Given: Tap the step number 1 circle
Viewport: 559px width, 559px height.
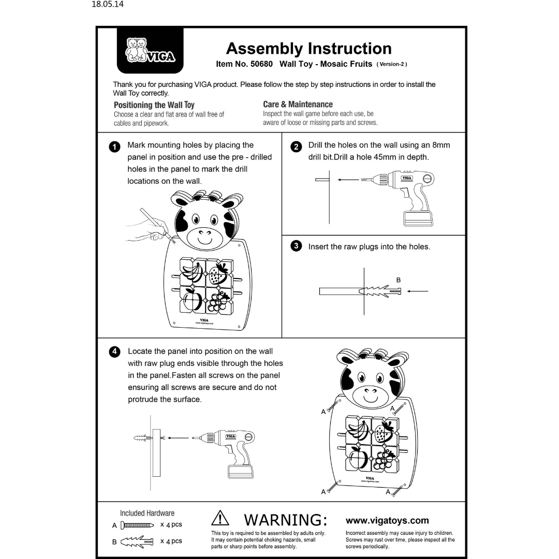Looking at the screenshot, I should pos(115,146).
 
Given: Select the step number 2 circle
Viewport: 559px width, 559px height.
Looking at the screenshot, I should pos(296,146).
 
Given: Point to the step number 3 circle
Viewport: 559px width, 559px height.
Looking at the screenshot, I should pos(296,246).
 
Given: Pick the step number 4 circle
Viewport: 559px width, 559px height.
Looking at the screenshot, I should pos(115,352).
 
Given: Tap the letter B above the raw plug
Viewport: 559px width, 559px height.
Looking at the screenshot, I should pos(398,280).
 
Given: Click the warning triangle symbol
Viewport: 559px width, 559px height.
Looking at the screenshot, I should pos(220,519).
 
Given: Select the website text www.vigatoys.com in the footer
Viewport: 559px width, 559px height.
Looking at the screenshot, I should pos(387,521).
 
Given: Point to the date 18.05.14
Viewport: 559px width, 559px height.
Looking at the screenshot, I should pos(108,5).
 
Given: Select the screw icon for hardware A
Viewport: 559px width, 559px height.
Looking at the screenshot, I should pos(137,525).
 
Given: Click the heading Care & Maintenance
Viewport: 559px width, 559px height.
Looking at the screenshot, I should pos(298,104).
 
